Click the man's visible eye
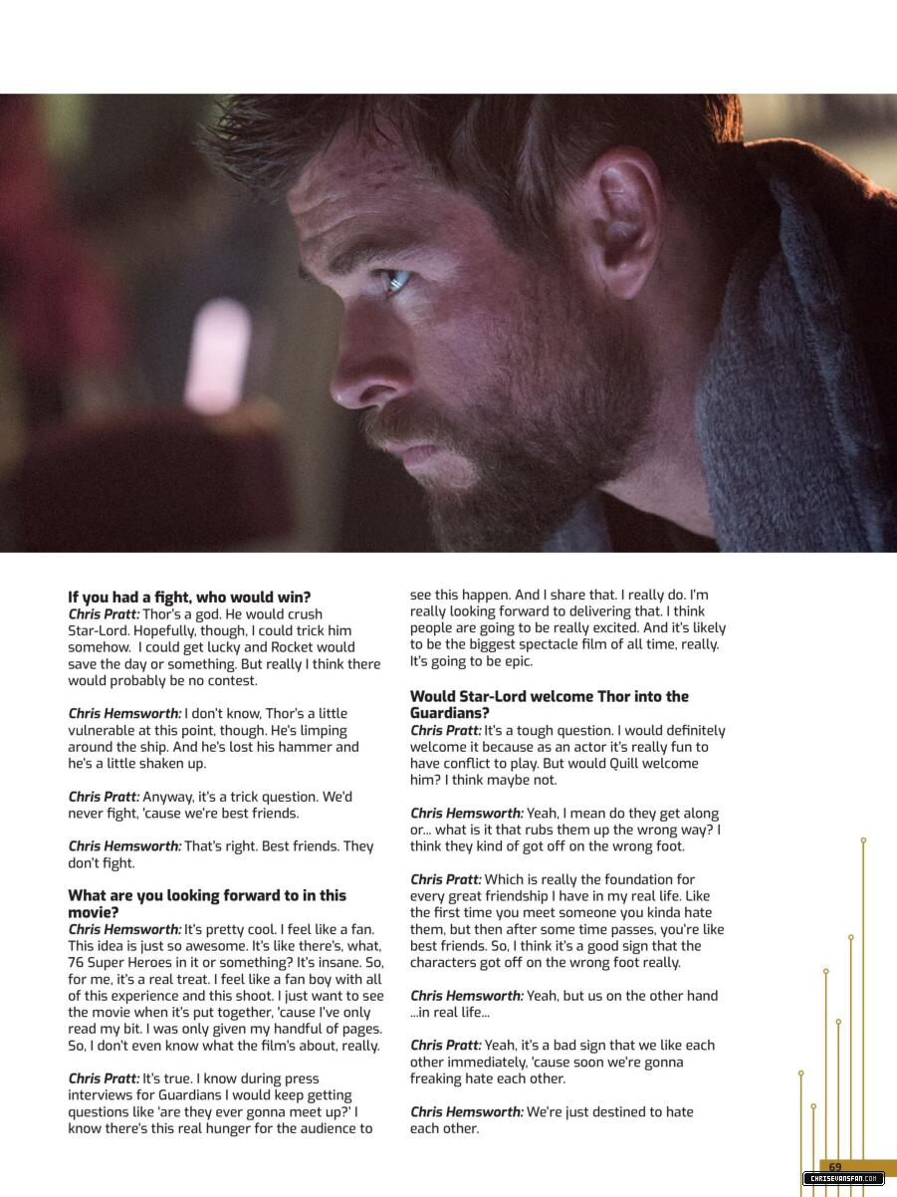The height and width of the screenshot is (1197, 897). click(x=397, y=282)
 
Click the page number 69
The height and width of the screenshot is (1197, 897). click(x=834, y=1167)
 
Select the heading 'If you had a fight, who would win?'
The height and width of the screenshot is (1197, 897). click(x=189, y=598)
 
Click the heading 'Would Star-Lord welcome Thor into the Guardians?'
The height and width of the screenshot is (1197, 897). click(x=549, y=705)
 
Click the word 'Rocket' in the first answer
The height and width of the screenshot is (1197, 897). click(x=293, y=647)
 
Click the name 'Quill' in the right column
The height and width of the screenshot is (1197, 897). click(x=630, y=764)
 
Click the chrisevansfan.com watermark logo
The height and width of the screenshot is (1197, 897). click(x=843, y=1179)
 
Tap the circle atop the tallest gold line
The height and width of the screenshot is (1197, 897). click(x=863, y=840)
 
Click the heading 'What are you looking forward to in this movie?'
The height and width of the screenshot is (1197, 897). click(x=207, y=904)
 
